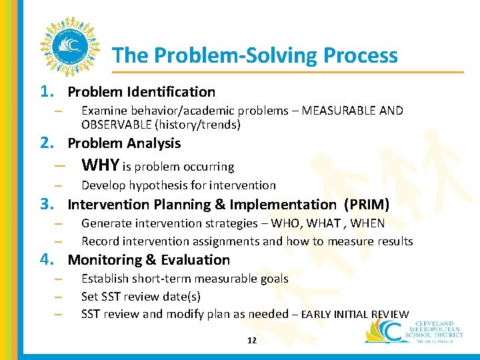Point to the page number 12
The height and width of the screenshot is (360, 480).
(251, 340)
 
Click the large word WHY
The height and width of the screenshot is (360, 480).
(100, 165)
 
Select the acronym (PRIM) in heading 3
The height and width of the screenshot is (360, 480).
(366, 204)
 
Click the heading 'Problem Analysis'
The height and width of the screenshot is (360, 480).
(124, 143)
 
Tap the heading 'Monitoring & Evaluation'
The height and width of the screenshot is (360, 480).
(149, 260)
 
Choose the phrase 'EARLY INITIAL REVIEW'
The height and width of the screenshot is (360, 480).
(355, 315)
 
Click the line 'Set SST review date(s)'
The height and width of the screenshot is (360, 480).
(141, 297)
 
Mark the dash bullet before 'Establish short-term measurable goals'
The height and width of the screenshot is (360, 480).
(58, 279)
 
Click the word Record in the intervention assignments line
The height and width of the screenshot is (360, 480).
(99, 241)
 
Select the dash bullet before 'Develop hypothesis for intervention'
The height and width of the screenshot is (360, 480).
(58, 186)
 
